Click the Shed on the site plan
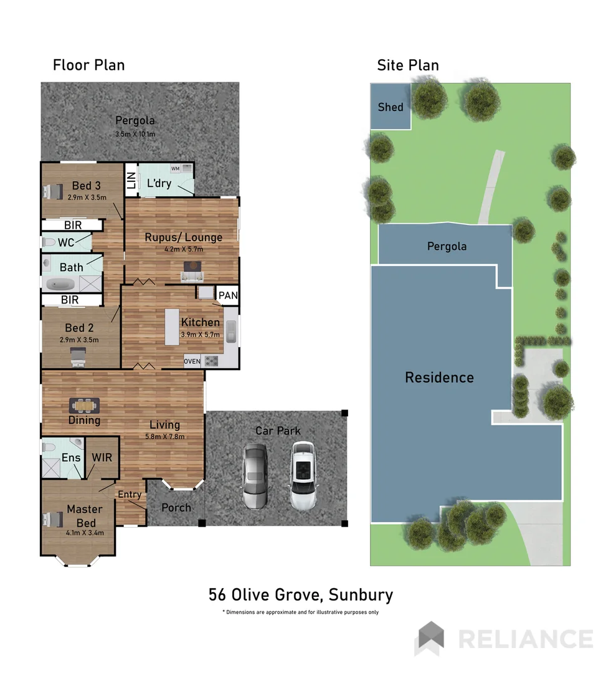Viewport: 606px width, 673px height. click(x=391, y=107)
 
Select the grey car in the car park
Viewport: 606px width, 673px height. click(x=255, y=476)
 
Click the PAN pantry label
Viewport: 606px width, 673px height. click(x=228, y=295)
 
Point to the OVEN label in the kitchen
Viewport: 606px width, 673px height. click(x=192, y=361)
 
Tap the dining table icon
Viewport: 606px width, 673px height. click(x=84, y=406)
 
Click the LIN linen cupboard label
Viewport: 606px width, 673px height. click(x=131, y=181)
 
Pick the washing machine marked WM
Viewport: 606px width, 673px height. click(x=175, y=168)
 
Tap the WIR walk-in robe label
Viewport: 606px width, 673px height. click(x=102, y=457)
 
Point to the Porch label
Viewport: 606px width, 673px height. click(x=176, y=507)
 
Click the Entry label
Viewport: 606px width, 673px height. click(x=130, y=494)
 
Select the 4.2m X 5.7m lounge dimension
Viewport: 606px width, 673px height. click(x=183, y=249)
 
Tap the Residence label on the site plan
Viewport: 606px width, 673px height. click(x=439, y=377)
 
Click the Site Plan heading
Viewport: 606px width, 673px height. click(x=407, y=65)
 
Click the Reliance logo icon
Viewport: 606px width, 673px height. click(x=430, y=638)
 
